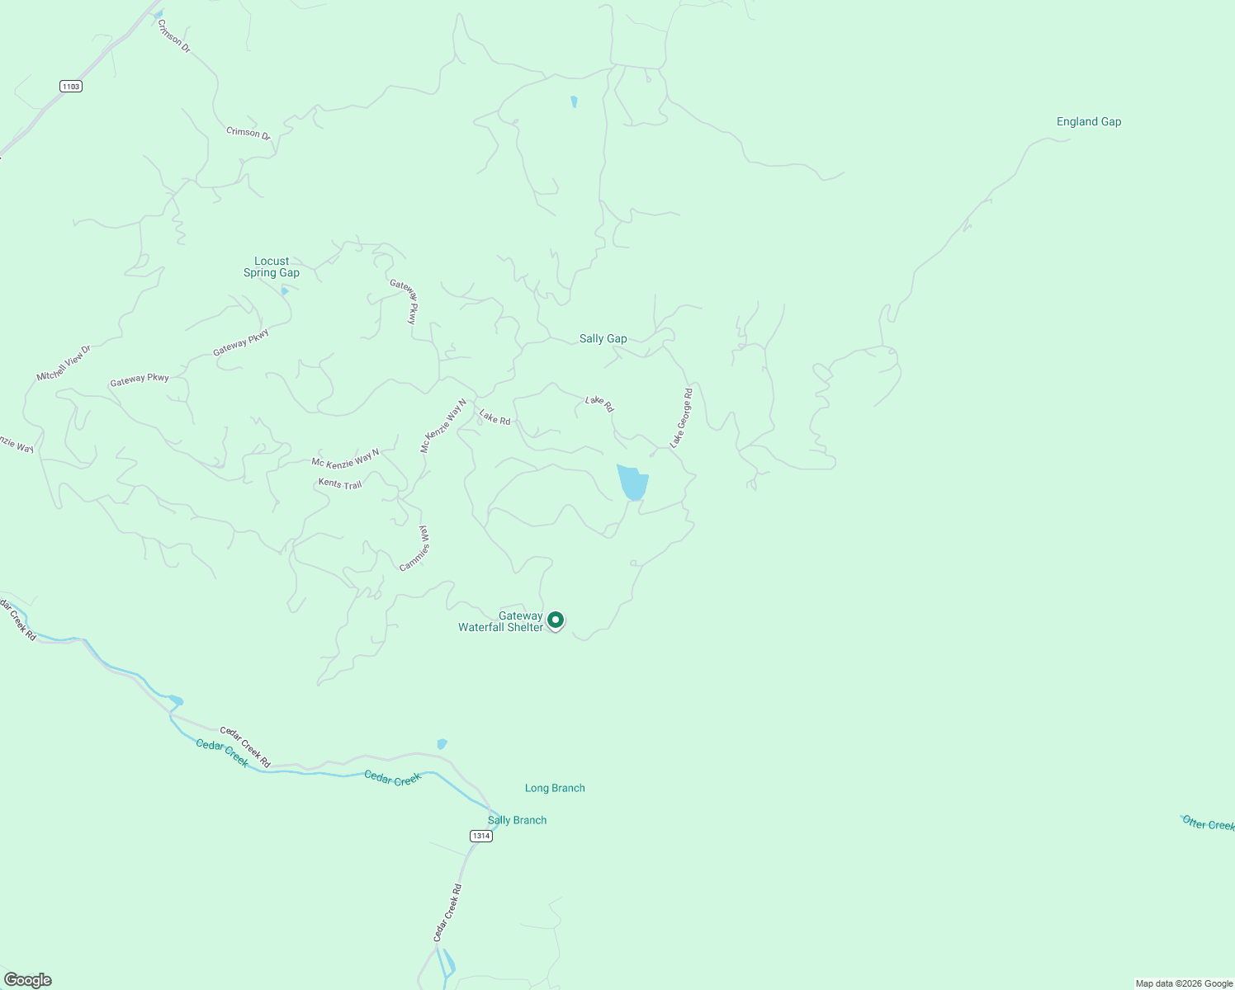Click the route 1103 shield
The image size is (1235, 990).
point(71,86)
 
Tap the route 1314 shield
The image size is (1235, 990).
point(481,836)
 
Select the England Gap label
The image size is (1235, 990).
point(1089,121)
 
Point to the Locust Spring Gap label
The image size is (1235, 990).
point(272,267)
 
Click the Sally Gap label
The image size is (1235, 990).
point(603,338)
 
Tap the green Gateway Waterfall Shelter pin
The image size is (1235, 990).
point(556,620)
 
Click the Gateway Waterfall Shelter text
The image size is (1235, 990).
point(501,622)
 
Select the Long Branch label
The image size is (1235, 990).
point(555,788)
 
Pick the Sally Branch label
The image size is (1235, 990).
point(517,820)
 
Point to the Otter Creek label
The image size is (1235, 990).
point(1208,823)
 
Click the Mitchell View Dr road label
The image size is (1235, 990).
point(63,364)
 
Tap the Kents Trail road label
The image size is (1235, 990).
point(340,483)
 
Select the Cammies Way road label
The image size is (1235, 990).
point(415,549)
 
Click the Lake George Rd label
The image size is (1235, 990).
point(681,418)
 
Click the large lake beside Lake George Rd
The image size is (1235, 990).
point(632,482)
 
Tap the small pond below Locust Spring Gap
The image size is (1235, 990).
point(285,290)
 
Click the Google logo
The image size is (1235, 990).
point(28,980)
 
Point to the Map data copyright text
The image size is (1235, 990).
point(1184,983)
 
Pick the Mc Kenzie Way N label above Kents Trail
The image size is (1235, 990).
point(345,459)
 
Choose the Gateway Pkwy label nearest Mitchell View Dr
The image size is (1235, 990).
point(140,379)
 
